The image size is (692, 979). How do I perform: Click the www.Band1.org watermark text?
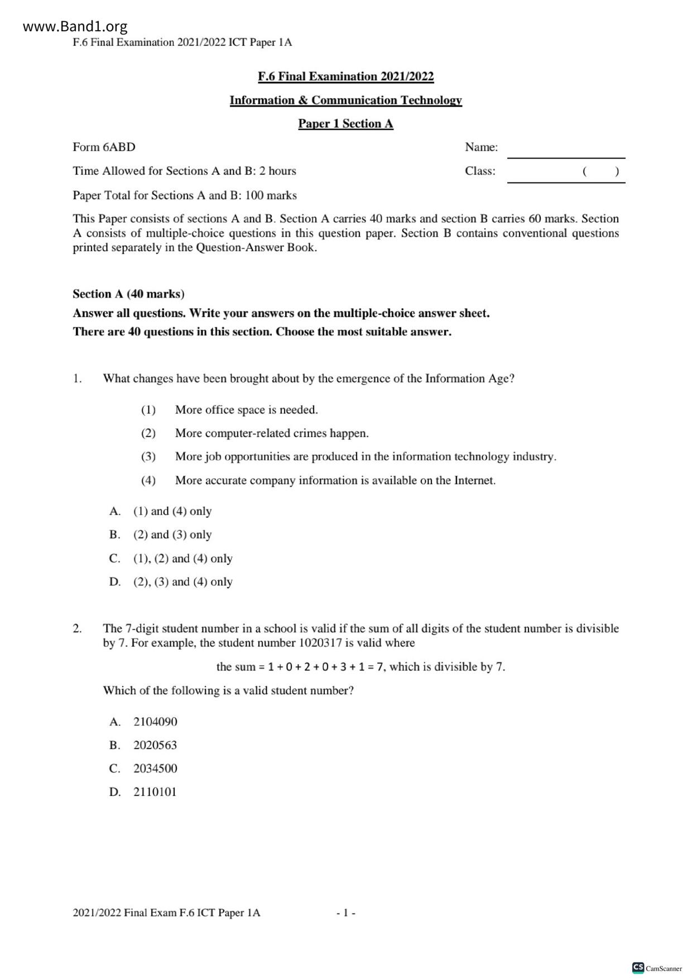(x=75, y=26)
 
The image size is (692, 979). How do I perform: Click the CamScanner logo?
(x=657, y=968)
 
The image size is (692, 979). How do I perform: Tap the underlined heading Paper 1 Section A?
(x=345, y=123)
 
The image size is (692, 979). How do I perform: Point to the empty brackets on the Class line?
(x=600, y=171)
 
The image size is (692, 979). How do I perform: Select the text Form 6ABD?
(x=104, y=147)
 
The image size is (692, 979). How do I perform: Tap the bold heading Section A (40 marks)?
(x=128, y=294)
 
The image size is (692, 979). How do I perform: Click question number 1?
(x=77, y=378)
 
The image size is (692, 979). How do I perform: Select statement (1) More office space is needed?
(x=246, y=410)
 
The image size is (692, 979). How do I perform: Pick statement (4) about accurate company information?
(x=335, y=480)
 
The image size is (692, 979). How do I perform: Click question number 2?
(x=77, y=628)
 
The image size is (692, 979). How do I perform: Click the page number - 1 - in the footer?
(x=346, y=913)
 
